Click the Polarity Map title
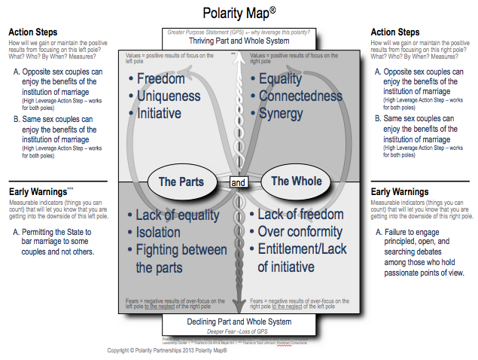[239, 13]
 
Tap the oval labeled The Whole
[296, 181]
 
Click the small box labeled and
[239, 182]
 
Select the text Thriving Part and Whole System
[239, 41]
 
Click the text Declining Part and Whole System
[239, 322]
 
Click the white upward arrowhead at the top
[239, 60]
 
